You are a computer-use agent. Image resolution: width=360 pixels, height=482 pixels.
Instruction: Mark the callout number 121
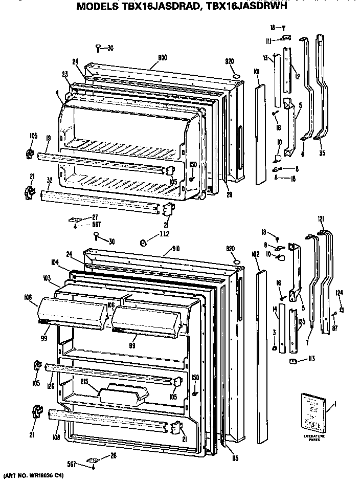[321, 219]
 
